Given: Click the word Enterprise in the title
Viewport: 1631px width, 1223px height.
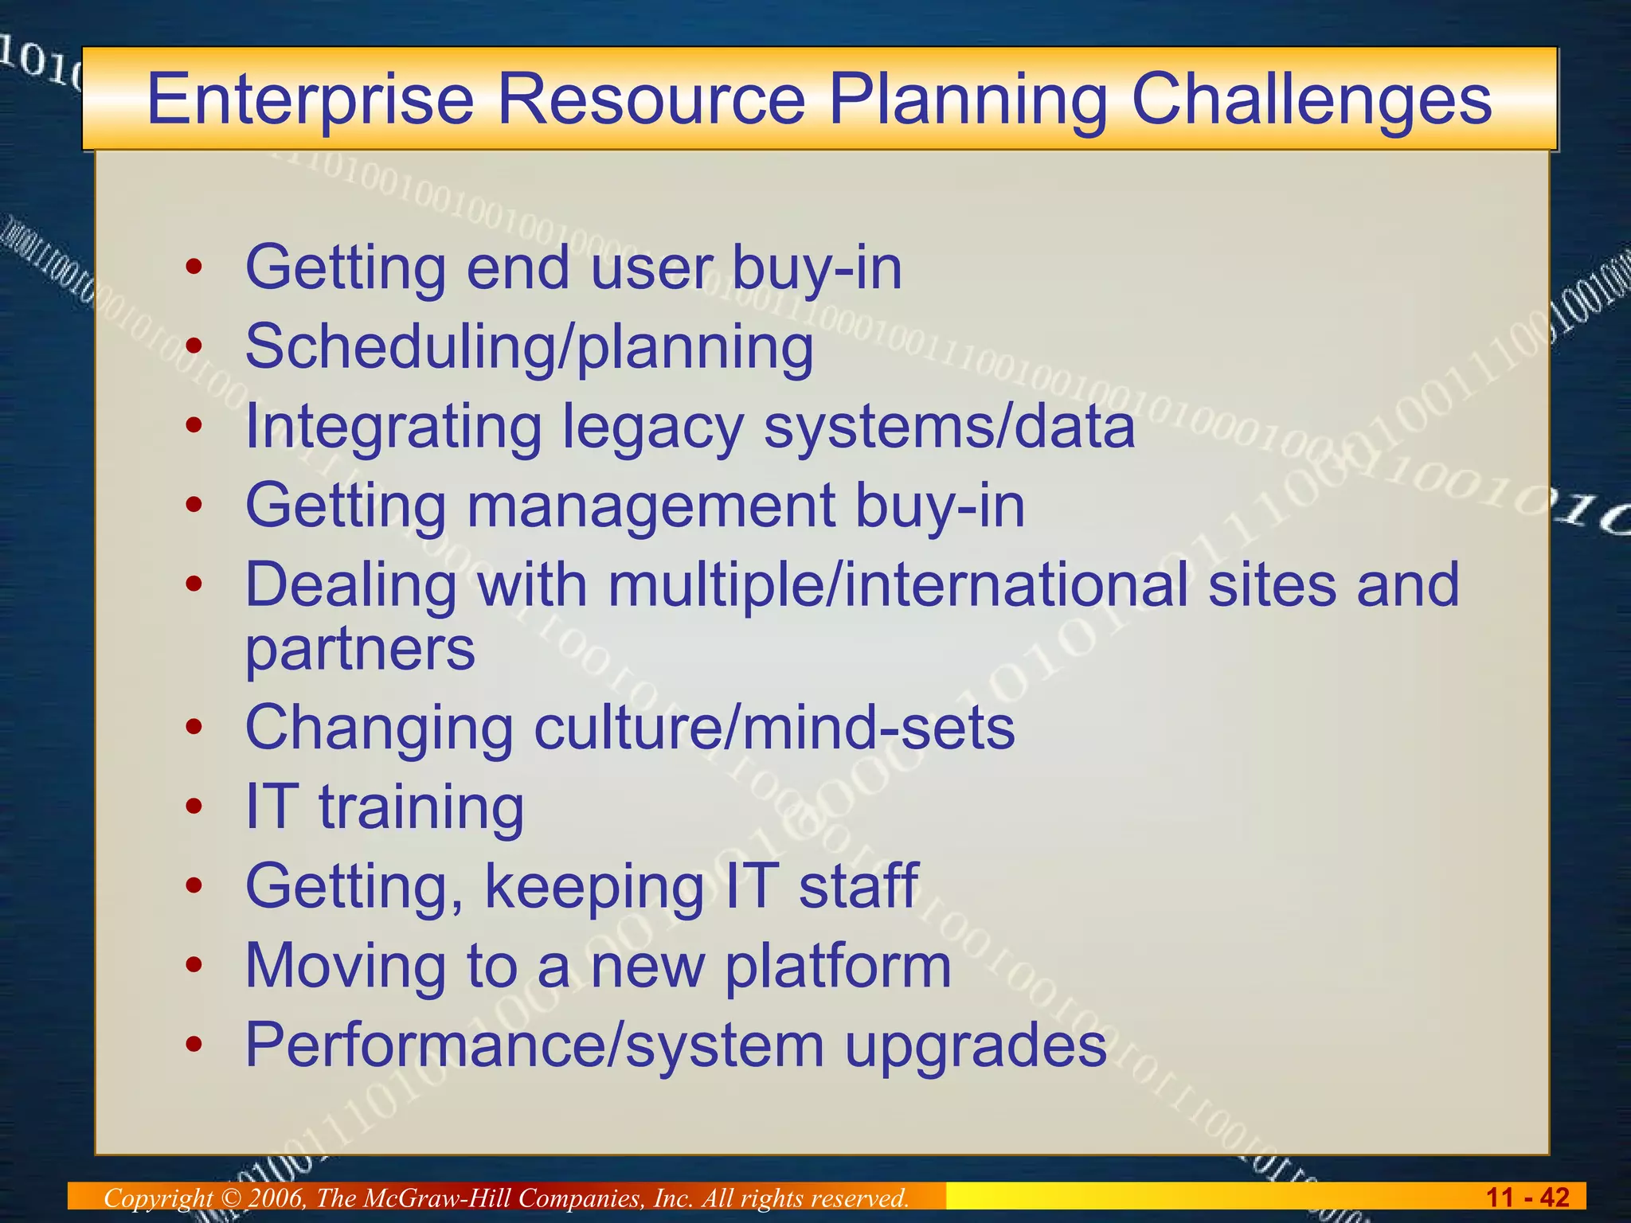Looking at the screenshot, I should point(310,100).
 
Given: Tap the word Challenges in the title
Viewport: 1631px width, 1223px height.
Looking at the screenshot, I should point(1311,100).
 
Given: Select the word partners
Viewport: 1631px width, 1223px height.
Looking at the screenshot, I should point(360,648).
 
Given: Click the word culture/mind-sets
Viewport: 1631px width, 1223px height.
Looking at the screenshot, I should point(774,728).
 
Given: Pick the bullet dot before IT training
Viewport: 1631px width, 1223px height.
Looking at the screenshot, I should point(194,807).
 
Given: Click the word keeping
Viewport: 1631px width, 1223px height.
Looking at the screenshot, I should point(594,886).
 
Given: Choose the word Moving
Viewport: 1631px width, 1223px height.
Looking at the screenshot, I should point(345,966).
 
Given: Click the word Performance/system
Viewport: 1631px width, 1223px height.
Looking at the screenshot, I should point(534,1046).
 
